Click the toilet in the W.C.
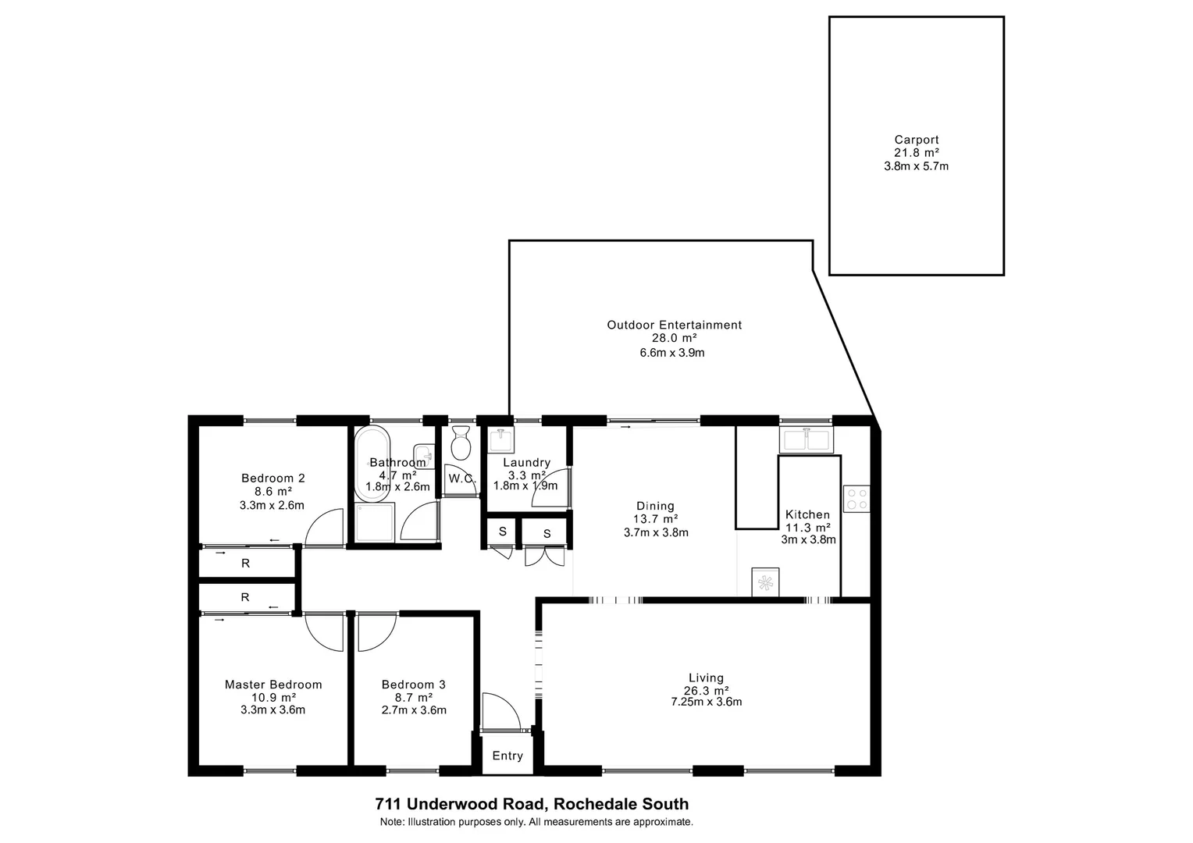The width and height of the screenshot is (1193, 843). click(x=461, y=443)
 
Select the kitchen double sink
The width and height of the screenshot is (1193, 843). click(x=806, y=441)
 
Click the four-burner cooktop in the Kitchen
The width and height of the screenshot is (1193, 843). click(x=856, y=499)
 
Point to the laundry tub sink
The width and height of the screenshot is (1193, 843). click(x=500, y=440)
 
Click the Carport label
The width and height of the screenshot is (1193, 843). click(x=917, y=140)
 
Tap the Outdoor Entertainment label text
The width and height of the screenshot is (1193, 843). click(x=674, y=325)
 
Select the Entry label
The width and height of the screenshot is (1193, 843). click(x=507, y=756)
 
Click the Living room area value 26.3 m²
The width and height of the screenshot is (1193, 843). click(x=706, y=690)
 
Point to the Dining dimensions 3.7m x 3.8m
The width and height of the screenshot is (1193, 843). click(x=656, y=532)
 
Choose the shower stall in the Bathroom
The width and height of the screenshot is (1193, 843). click(x=376, y=522)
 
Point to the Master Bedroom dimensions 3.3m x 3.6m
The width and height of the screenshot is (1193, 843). click(x=272, y=710)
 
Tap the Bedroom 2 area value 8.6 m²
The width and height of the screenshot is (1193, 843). click(x=272, y=492)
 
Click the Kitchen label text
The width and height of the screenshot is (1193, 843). click(x=807, y=514)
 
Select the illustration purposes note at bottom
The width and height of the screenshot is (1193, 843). click(x=536, y=822)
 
